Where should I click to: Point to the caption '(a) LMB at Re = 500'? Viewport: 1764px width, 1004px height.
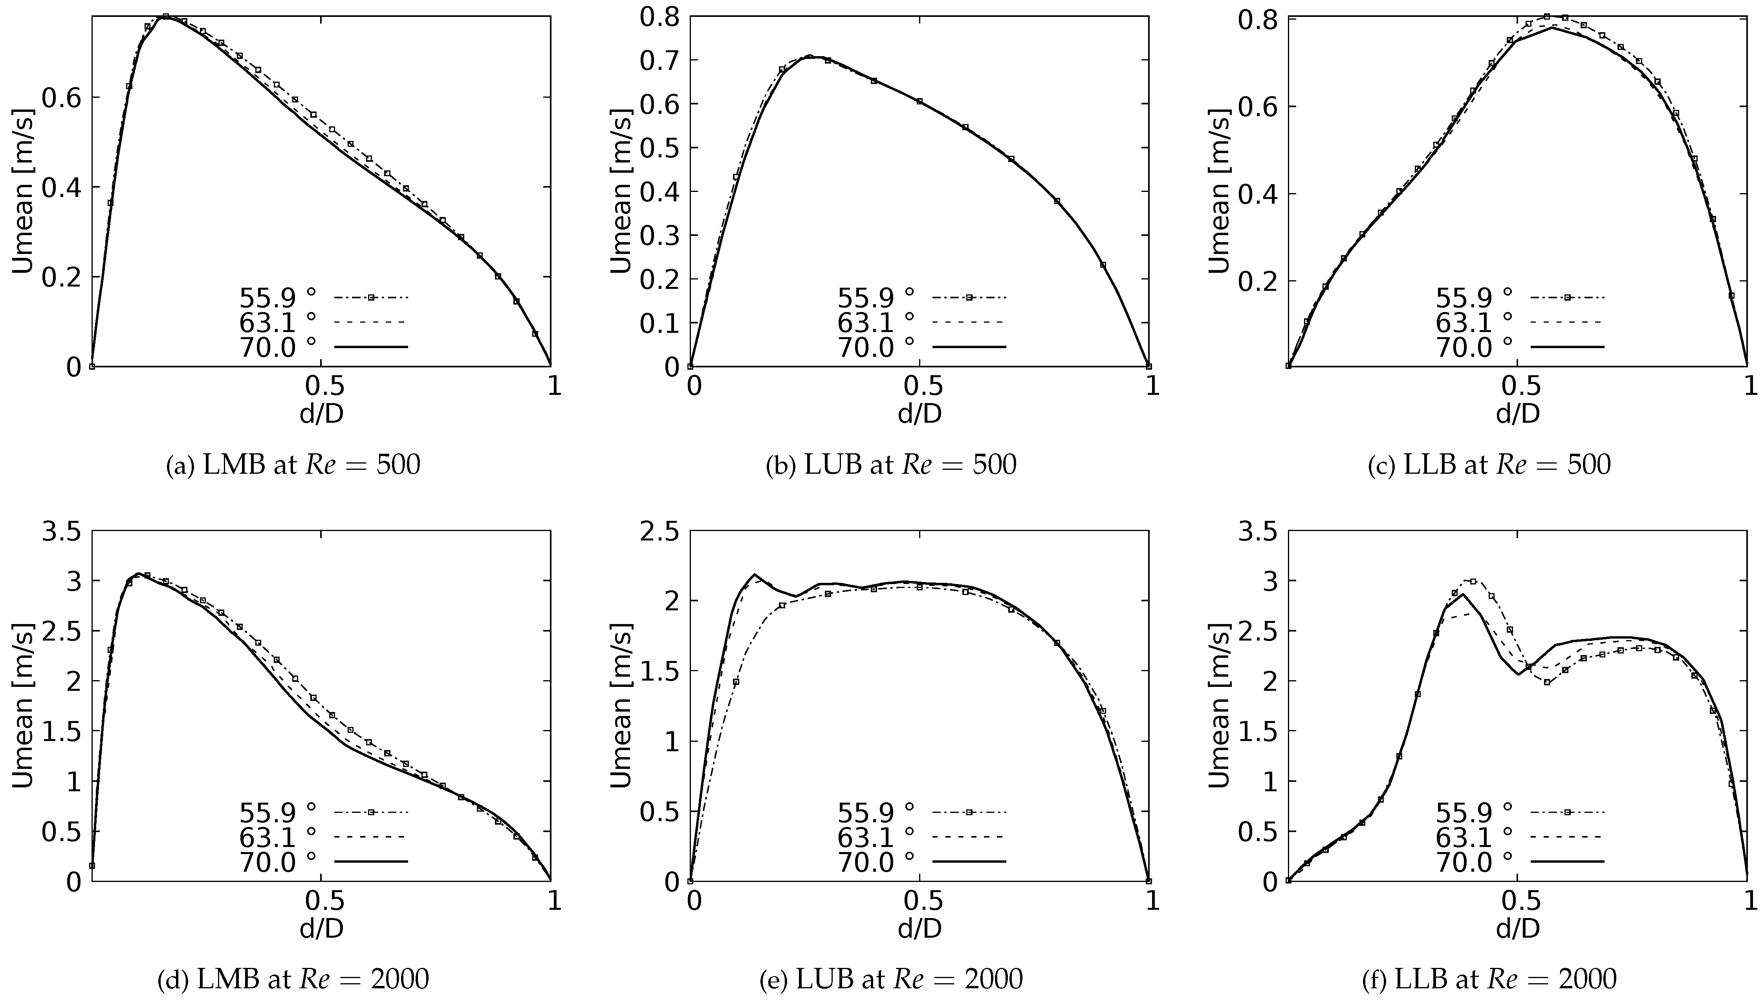tap(293, 465)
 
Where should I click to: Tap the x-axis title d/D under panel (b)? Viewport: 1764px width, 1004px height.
tap(920, 413)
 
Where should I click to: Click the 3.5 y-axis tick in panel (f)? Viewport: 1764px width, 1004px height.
tap(1257, 532)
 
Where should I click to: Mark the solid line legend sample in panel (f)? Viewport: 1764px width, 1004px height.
tap(1567, 861)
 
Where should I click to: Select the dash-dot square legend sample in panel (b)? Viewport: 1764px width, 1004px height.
tap(969, 298)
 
